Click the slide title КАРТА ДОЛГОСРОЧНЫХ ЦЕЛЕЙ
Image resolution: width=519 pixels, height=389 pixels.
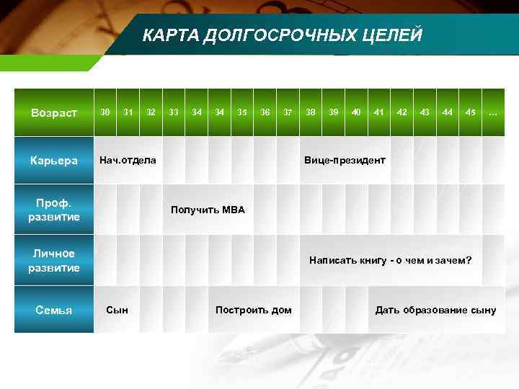[282, 35]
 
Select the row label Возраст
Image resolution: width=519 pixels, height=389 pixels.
[54, 113]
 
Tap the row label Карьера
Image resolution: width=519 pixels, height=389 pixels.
[54, 161]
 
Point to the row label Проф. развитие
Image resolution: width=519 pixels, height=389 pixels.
[54, 210]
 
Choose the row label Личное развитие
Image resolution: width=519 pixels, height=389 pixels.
[54, 260]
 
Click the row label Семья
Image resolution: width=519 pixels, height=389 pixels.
[54, 310]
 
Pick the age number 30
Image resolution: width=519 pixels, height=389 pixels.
[105, 112]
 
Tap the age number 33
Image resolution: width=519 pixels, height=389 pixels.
[174, 112]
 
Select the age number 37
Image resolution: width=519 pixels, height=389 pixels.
[288, 112]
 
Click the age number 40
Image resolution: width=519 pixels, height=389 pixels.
[356, 112]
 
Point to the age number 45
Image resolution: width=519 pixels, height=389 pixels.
[470, 112]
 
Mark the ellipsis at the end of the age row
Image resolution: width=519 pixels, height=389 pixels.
[493, 113]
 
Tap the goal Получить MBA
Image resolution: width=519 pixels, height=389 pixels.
[208, 210]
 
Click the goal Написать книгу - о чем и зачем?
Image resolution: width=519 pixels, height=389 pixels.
[390, 260]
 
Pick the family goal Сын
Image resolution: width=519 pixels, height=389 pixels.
[117, 310]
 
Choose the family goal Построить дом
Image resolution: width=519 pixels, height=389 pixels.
[254, 310]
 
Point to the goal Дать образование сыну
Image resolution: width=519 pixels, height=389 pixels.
[435, 310]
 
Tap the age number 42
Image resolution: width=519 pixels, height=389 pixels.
[402, 112]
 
